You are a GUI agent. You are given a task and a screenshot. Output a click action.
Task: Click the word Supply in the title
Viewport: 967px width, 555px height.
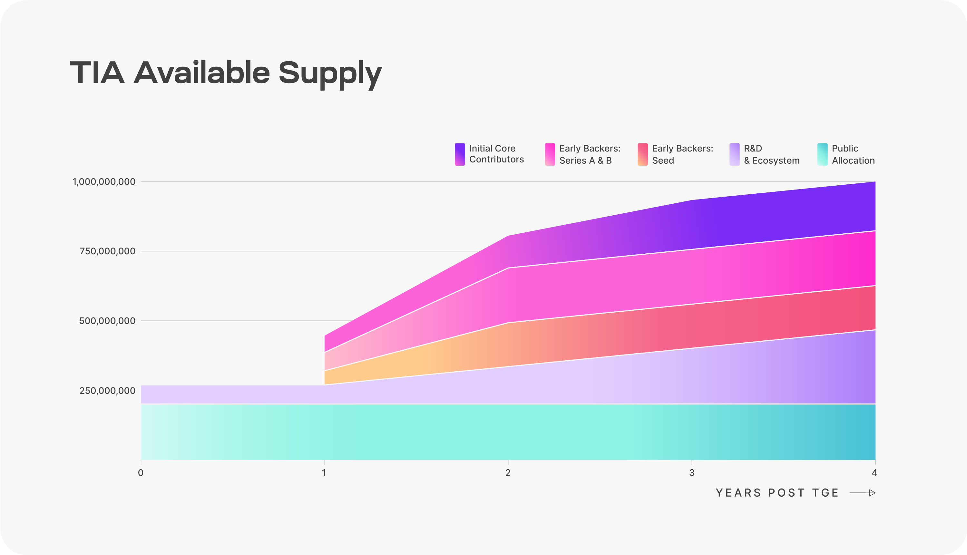330,73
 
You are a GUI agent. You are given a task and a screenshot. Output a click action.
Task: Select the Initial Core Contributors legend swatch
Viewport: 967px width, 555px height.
460,154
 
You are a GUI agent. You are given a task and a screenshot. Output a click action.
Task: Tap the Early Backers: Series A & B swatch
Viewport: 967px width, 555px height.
550,154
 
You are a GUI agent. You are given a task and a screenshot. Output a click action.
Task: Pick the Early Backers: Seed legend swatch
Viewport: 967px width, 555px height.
643,154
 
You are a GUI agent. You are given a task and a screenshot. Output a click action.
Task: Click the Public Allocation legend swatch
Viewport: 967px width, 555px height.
822,154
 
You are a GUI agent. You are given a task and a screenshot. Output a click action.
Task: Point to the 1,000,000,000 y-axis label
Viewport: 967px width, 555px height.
104,182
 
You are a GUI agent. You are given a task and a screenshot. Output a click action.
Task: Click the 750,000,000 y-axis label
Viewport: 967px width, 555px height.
107,251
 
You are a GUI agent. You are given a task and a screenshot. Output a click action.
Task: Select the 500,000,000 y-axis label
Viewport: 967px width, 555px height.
107,321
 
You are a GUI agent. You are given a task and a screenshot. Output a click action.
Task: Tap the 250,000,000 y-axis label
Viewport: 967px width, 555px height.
107,391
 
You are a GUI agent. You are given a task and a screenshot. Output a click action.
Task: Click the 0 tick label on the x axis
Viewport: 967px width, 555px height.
141,473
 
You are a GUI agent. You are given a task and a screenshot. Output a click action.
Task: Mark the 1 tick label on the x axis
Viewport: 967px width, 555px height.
324,473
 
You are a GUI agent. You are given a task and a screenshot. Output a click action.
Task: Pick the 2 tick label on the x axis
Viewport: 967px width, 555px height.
508,473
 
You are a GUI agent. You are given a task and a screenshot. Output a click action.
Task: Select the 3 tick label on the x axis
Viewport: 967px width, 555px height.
691,473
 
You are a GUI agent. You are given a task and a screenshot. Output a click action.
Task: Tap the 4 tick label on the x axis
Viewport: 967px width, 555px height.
874,473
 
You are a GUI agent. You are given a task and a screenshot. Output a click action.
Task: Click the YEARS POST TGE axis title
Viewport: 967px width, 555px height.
777,493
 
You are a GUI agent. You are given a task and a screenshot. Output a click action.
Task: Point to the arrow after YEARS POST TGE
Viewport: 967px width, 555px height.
863,493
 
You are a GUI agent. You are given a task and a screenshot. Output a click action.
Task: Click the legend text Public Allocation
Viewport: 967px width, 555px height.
853,154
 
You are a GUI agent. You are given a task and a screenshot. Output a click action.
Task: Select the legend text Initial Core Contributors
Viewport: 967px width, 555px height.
496,154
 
